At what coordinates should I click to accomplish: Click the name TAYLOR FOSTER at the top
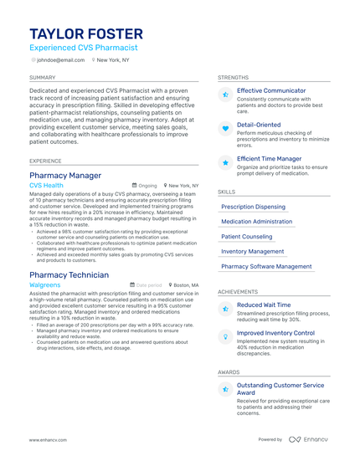(x=86, y=33)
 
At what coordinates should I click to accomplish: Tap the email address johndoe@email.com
(x=60, y=60)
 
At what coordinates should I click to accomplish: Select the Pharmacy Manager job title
(x=65, y=176)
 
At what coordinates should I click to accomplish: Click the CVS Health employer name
(x=46, y=186)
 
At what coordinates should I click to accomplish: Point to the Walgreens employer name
(x=45, y=285)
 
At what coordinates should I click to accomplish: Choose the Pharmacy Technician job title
(x=69, y=275)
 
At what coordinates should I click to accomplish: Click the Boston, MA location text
(x=186, y=285)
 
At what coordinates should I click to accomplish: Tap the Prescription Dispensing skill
(x=253, y=207)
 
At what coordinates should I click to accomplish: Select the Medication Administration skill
(x=257, y=222)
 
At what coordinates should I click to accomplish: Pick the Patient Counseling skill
(x=247, y=237)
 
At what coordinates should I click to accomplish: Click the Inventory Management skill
(x=253, y=251)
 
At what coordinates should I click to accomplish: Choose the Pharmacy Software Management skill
(x=266, y=266)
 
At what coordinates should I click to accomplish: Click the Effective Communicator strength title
(x=271, y=90)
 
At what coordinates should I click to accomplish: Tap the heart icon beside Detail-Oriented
(x=225, y=129)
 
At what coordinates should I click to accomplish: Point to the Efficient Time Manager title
(x=269, y=158)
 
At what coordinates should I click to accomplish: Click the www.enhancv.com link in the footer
(x=49, y=439)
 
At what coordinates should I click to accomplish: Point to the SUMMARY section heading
(x=42, y=76)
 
